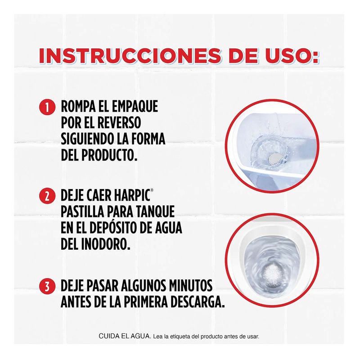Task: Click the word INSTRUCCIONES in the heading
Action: [x=130, y=55]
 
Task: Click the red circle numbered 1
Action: [x=47, y=107]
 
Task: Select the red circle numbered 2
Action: [x=47, y=196]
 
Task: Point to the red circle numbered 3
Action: [x=47, y=286]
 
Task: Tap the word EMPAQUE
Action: [x=135, y=107]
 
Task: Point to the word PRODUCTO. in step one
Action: [x=109, y=155]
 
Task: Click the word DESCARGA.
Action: [x=198, y=302]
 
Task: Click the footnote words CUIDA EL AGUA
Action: [x=125, y=336]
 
